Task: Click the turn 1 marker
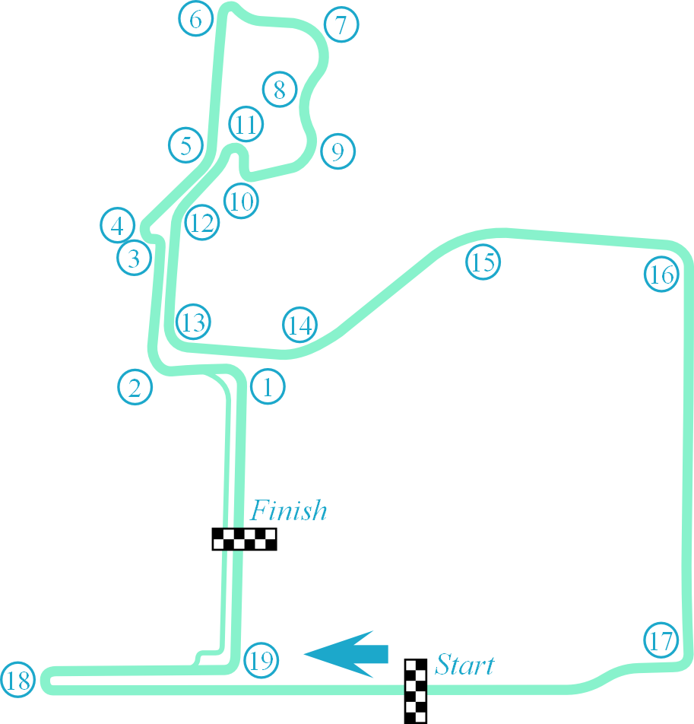(x=267, y=387)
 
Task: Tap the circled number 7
(x=341, y=25)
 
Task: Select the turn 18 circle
(x=18, y=679)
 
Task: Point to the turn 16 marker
(x=661, y=275)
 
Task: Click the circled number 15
(x=483, y=262)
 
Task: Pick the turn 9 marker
(x=337, y=151)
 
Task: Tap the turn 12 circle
(x=201, y=223)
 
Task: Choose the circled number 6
(x=196, y=20)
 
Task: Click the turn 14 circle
(x=300, y=325)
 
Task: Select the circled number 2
(x=135, y=388)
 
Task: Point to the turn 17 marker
(x=661, y=640)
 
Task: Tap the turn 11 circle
(x=246, y=124)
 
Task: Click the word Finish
(x=289, y=510)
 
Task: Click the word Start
(x=464, y=665)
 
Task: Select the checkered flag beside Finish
(x=244, y=539)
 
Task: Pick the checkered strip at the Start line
(x=415, y=691)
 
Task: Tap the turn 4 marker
(x=117, y=225)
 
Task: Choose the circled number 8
(x=280, y=90)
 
